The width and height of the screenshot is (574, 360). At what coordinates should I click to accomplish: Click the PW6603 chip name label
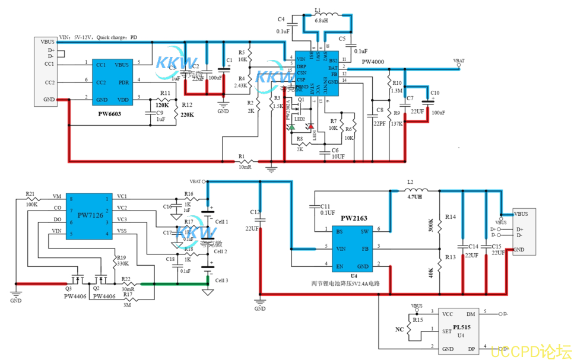110,114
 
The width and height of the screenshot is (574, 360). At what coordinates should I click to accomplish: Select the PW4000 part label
373,62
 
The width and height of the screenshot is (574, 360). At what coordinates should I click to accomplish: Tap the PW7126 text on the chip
90,215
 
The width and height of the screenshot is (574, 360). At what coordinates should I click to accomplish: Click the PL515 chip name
462,327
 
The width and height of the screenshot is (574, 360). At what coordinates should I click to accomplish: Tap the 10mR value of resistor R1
245,167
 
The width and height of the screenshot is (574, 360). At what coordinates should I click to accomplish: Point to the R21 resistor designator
30,194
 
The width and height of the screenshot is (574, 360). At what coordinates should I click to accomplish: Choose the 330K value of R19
123,263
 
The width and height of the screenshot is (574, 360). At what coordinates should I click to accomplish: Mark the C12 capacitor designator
255,212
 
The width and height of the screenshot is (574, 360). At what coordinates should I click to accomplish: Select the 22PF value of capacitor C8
379,123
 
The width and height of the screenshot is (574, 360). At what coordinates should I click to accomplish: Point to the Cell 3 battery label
221,281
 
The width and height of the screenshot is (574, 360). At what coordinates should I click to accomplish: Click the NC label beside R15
399,329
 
